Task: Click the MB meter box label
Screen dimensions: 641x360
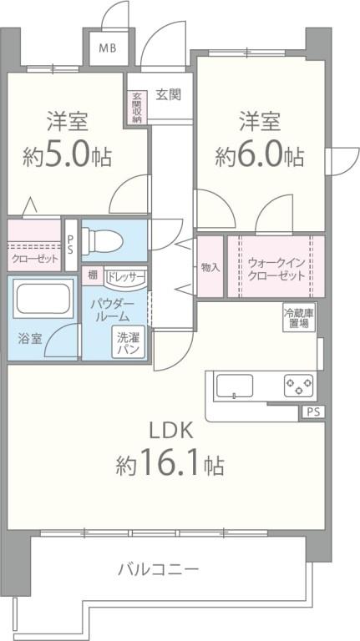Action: click(109, 48)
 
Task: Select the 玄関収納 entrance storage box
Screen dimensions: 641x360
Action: click(136, 107)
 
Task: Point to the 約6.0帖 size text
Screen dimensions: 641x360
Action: click(260, 155)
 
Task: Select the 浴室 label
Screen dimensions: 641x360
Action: click(29, 340)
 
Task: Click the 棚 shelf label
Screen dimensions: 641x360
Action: click(92, 275)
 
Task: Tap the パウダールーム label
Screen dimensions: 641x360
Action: click(109, 310)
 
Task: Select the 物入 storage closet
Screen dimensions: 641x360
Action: click(210, 267)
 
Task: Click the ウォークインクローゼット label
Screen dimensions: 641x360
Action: click(275, 267)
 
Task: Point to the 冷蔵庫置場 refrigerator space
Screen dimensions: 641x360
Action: click(299, 319)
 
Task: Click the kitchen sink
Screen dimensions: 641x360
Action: click(235, 386)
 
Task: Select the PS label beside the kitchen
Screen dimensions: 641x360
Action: click(312, 411)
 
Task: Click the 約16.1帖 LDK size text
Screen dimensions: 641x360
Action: click(170, 464)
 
